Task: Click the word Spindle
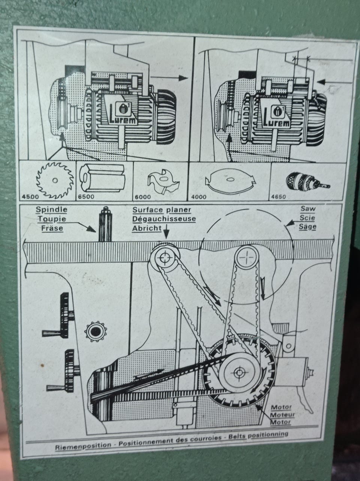(x=51, y=210)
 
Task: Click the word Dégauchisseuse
(x=163, y=219)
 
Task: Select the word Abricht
(x=147, y=228)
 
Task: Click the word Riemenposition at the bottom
(x=83, y=447)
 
